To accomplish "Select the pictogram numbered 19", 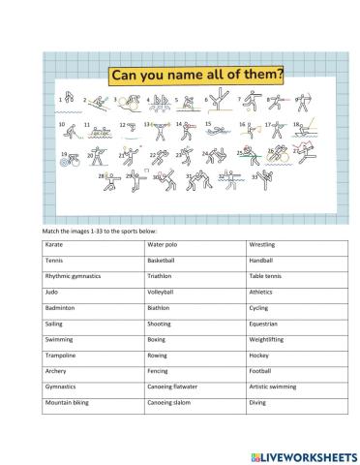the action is (68, 159).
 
